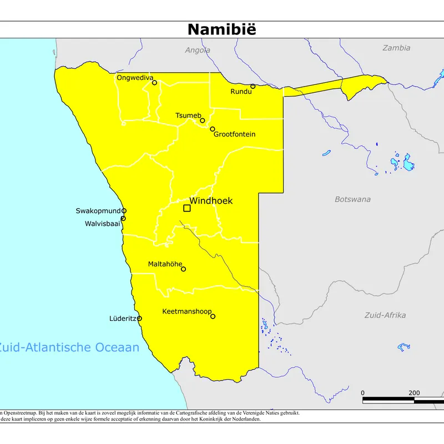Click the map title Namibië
[x=221, y=29]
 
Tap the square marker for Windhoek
[x=187, y=208]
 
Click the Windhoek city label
[x=211, y=201]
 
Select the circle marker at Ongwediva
[x=155, y=83]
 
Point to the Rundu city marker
[x=253, y=86]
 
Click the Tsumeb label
[x=188, y=115]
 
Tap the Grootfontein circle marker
[x=213, y=129]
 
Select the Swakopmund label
[x=98, y=211]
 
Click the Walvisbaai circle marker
[x=123, y=218]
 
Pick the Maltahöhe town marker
[x=184, y=269]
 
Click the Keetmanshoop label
[x=186, y=312]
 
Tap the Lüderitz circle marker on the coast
[x=139, y=319]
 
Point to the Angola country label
[x=198, y=50]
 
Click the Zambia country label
[x=396, y=48]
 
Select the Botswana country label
[x=352, y=199]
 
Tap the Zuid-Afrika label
[x=385, y=315]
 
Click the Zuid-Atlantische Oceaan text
[x=69, y=348]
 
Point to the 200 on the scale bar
[x=414, y=392]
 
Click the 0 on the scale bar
[x=363, y=392]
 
